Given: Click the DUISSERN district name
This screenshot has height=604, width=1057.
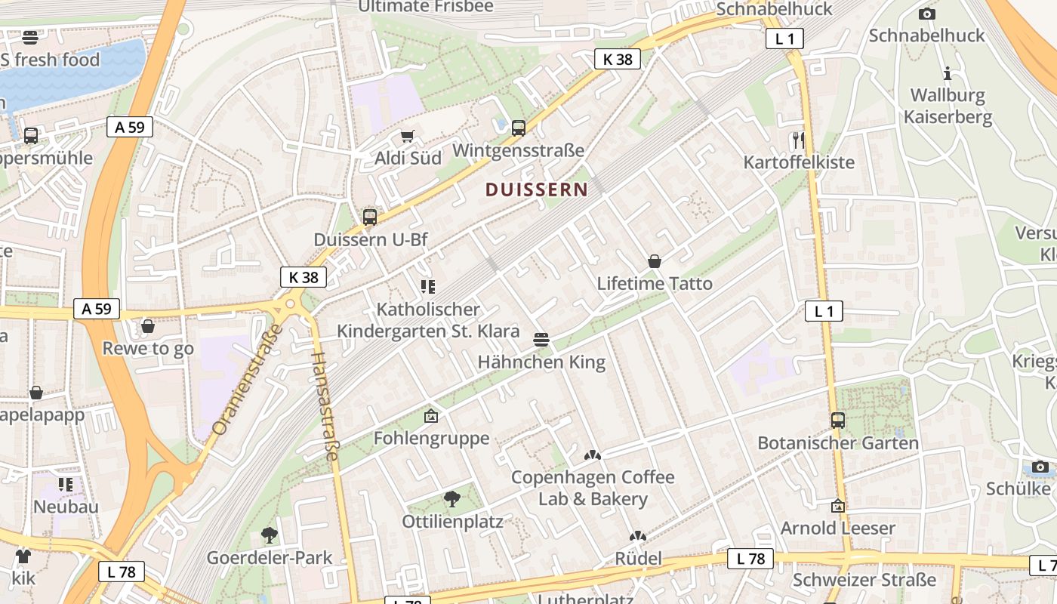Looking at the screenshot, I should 536,190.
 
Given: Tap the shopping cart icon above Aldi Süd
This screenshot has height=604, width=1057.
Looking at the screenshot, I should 408,136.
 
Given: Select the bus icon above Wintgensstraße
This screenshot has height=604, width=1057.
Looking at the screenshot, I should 518,128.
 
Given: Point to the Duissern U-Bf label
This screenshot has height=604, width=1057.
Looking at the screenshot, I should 370,240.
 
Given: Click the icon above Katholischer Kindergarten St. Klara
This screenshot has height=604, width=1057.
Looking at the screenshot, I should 428,287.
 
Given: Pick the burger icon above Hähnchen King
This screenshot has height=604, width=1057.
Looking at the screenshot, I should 541,340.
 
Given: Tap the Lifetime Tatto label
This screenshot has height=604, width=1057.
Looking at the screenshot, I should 655,284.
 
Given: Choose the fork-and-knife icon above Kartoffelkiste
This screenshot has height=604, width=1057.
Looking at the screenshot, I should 799,140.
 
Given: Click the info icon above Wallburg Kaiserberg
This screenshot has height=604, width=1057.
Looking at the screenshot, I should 948,74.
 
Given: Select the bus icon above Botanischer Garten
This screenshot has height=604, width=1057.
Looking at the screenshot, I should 838,421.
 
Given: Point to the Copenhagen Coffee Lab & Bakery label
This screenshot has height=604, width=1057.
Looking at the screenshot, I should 593,488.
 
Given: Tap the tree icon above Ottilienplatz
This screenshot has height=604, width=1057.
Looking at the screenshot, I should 451,498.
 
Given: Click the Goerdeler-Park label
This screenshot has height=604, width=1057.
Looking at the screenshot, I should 270,559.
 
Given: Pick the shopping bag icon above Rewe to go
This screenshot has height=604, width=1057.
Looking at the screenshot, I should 148,326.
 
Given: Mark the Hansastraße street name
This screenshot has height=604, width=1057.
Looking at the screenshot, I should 325,406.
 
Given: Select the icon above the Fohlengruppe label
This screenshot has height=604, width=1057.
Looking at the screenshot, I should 431,416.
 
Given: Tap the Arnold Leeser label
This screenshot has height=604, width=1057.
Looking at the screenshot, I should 837,528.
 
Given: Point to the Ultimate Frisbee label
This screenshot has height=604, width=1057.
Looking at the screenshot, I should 426,7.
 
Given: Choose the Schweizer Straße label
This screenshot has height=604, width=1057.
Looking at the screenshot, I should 864,580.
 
